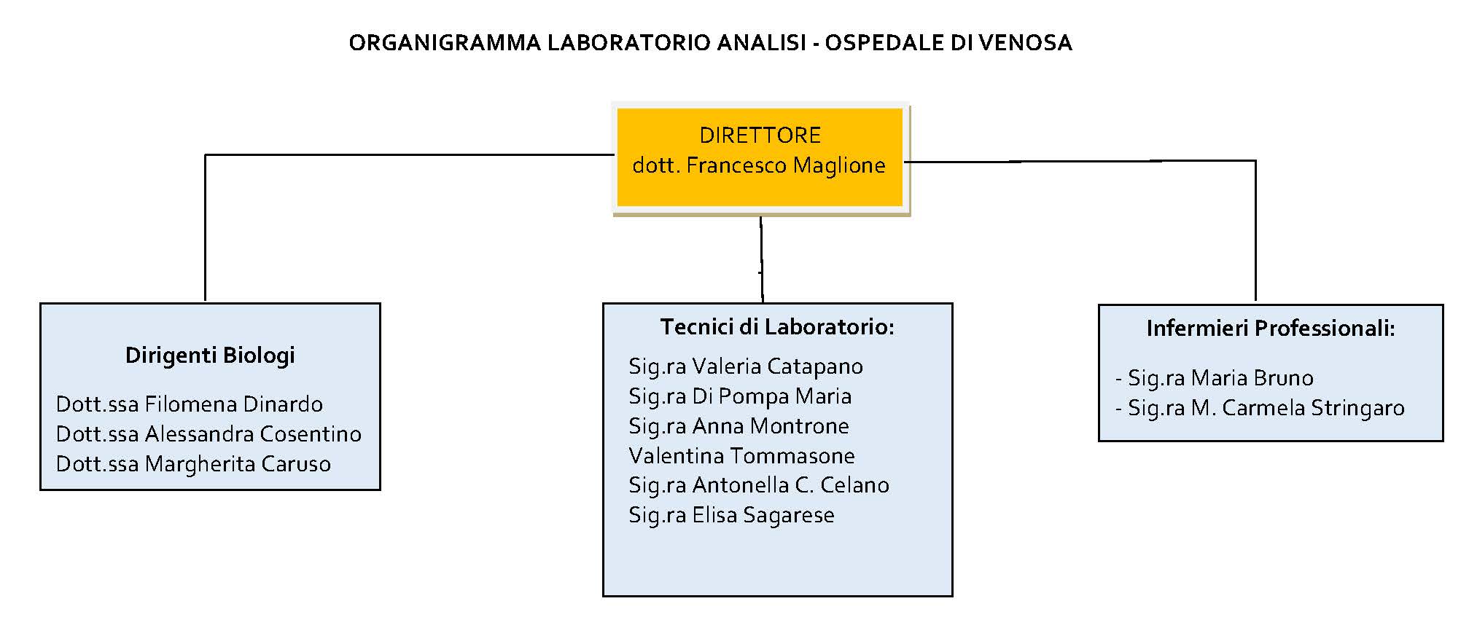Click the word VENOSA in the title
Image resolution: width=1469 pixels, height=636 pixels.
(x=1025, y=43)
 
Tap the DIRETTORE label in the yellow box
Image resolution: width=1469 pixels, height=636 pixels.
(x=760, y=136)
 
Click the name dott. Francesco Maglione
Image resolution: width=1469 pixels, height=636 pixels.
(x=759, y=165)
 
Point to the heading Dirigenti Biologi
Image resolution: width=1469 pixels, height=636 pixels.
(x=210, y=356)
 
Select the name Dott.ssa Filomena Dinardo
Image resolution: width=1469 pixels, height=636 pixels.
(x=190, y=404)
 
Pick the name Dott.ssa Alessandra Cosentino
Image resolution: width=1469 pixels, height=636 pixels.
(x=209, y=434)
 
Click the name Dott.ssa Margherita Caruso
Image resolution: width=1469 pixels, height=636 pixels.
(x=193, y=464)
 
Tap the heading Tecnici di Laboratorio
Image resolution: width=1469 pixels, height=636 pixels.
(x=777, y=327)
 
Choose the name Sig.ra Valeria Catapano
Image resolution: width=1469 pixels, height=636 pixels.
(x=746, y=366)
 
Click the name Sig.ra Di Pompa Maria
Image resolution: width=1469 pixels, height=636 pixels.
(x=740, y=396)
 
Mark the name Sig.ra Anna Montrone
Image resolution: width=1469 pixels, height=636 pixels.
(x=739, y=426)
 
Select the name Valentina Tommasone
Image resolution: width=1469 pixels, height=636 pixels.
(x=741, y=456)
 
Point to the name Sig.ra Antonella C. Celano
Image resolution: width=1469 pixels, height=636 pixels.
(x=759, y=485)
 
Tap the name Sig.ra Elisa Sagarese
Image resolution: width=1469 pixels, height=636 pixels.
(x=731, y=515)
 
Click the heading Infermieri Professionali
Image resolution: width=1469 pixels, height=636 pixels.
(x=1271, y=329)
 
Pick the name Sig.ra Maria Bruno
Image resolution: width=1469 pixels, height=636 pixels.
(x=1214, y=378)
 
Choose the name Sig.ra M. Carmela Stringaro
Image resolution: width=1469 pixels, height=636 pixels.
(x=1260, y=408)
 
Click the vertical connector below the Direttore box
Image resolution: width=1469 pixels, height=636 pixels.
(x=762, y=259)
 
